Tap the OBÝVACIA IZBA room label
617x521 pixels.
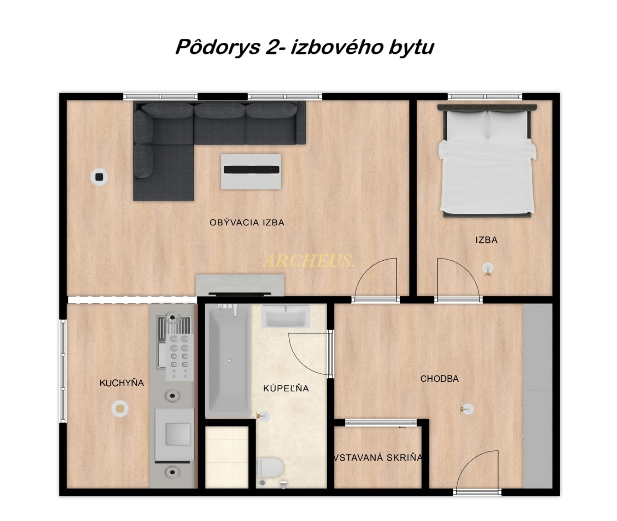point(247,223)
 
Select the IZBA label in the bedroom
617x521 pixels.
point(486,240)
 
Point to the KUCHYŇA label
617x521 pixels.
point(121,383)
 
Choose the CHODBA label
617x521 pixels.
point(439,379)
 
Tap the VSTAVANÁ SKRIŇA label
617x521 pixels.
point(378,458)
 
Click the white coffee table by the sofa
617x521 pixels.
point(251,171)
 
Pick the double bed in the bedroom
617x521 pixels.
point(487,161)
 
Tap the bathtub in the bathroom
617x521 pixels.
point(227,360)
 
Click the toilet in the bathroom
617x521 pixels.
point(270,468)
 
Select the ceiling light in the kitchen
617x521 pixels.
point(120,409)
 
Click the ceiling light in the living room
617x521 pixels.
point(99,177)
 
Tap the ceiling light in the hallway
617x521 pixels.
point(467,409)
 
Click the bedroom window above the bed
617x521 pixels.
point(485,97)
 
